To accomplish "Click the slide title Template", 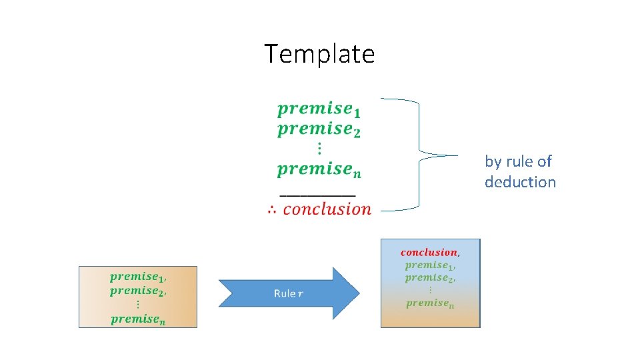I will coord(319,53).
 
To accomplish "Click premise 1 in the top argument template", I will coord(319,109).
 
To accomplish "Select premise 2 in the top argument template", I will coord(319,129).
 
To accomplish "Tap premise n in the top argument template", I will coord(319,170).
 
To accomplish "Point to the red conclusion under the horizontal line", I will coord(327,209).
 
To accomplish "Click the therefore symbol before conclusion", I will coord(272,210).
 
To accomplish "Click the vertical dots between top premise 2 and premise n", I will coord(319,148).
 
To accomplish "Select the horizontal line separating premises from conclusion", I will coord(317,195).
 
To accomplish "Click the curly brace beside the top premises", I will coord(420,155).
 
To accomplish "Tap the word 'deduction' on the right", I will coord(520,182).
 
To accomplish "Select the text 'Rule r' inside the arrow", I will coord(288,293).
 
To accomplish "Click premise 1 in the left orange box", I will coord(138,277).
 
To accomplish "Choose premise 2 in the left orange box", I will coord(138,291).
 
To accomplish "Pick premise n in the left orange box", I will coord(138,319).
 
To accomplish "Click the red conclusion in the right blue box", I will coord(429,252).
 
